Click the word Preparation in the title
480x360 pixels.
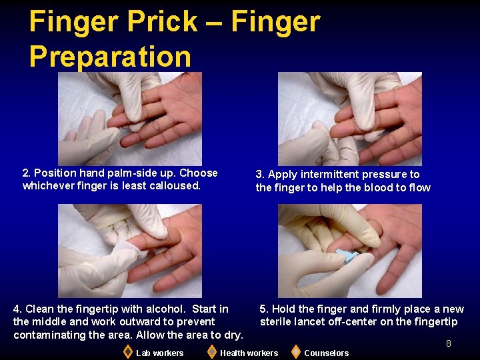click(110, 57)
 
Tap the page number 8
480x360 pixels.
click(449, 344)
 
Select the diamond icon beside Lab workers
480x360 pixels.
click(128, 351)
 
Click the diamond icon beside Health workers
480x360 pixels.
click(211, 351)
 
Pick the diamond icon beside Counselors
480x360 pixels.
click(295, 351)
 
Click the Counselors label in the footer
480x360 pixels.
click(326, 353)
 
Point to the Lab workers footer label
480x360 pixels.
click(159, 353)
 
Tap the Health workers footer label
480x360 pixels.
click(249, 353)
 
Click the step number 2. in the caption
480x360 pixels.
click(27, 173)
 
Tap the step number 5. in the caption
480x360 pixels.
click(264, 309)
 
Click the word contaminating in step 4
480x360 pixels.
click(45, 335)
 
